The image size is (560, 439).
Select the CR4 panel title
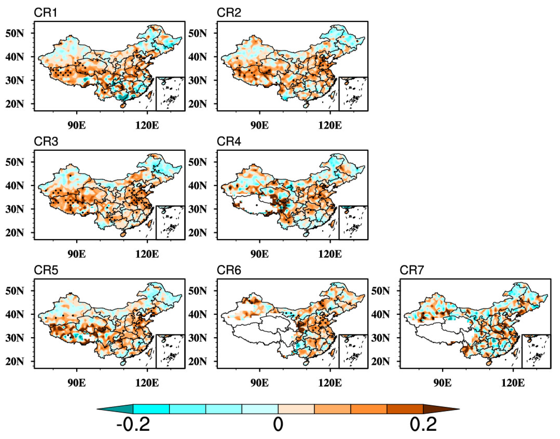(x=229, y=141)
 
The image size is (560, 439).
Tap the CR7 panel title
(x=411, y=270)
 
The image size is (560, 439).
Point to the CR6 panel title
(x=229, y=270)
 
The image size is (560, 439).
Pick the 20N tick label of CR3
(x=14, y=233)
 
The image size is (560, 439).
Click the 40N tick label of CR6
(x=197, y=314)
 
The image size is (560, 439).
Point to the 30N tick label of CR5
(x=14, y=338)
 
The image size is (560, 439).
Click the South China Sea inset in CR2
(x=353, y=94)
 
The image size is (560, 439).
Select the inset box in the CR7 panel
(x=536, y=351)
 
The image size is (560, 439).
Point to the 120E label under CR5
(x=147, y=383)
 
